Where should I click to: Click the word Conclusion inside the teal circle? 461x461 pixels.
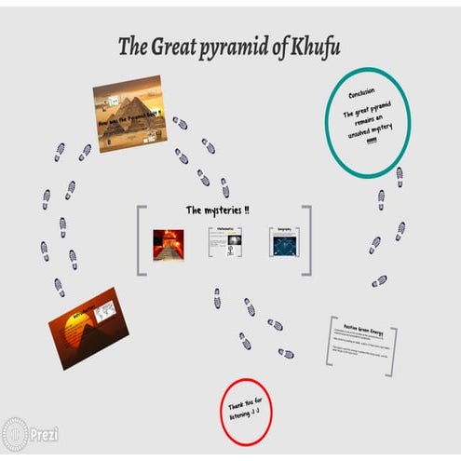[x=361, y=95]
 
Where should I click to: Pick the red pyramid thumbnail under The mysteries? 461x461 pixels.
[x=169, y=243]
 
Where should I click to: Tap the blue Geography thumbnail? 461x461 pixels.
[x=283, y=242]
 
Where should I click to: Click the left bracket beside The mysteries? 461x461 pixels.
[x=142, y=240]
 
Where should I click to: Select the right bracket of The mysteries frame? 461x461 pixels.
[x=306, y=240]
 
